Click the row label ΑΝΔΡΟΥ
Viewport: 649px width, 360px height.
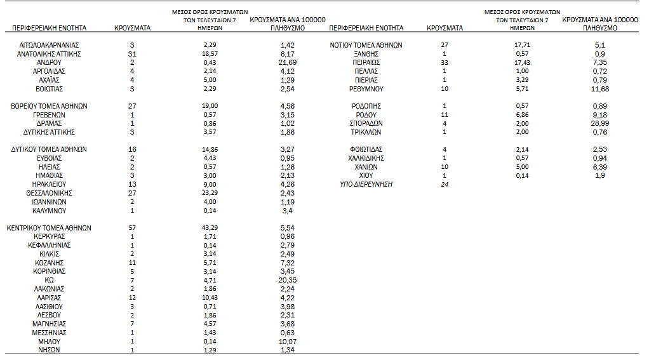tap(49, 63)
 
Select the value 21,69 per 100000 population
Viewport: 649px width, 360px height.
tap(288, 63)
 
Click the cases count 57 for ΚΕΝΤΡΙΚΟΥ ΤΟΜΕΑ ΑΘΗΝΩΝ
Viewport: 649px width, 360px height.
tap(132, 228)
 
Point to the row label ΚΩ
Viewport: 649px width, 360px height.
tap(49, 280)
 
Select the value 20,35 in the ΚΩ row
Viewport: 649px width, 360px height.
tap(288, 280)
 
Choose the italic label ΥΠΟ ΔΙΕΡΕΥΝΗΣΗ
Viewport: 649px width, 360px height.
tap(366, 184)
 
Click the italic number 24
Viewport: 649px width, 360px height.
tap(445, 184)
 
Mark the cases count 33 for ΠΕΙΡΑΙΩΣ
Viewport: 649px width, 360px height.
tap(445, 63)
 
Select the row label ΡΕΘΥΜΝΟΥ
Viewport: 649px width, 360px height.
tap(366, 89)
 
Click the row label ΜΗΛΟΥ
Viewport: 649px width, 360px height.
tap(49, 341)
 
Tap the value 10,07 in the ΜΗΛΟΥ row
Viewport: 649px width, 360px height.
tap(288, 341)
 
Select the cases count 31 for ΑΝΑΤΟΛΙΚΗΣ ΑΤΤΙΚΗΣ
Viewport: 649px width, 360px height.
tap(132, 54)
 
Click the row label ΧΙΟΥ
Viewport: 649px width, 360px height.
tap(366, 176)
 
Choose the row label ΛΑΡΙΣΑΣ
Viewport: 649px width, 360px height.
tap(49, 297)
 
